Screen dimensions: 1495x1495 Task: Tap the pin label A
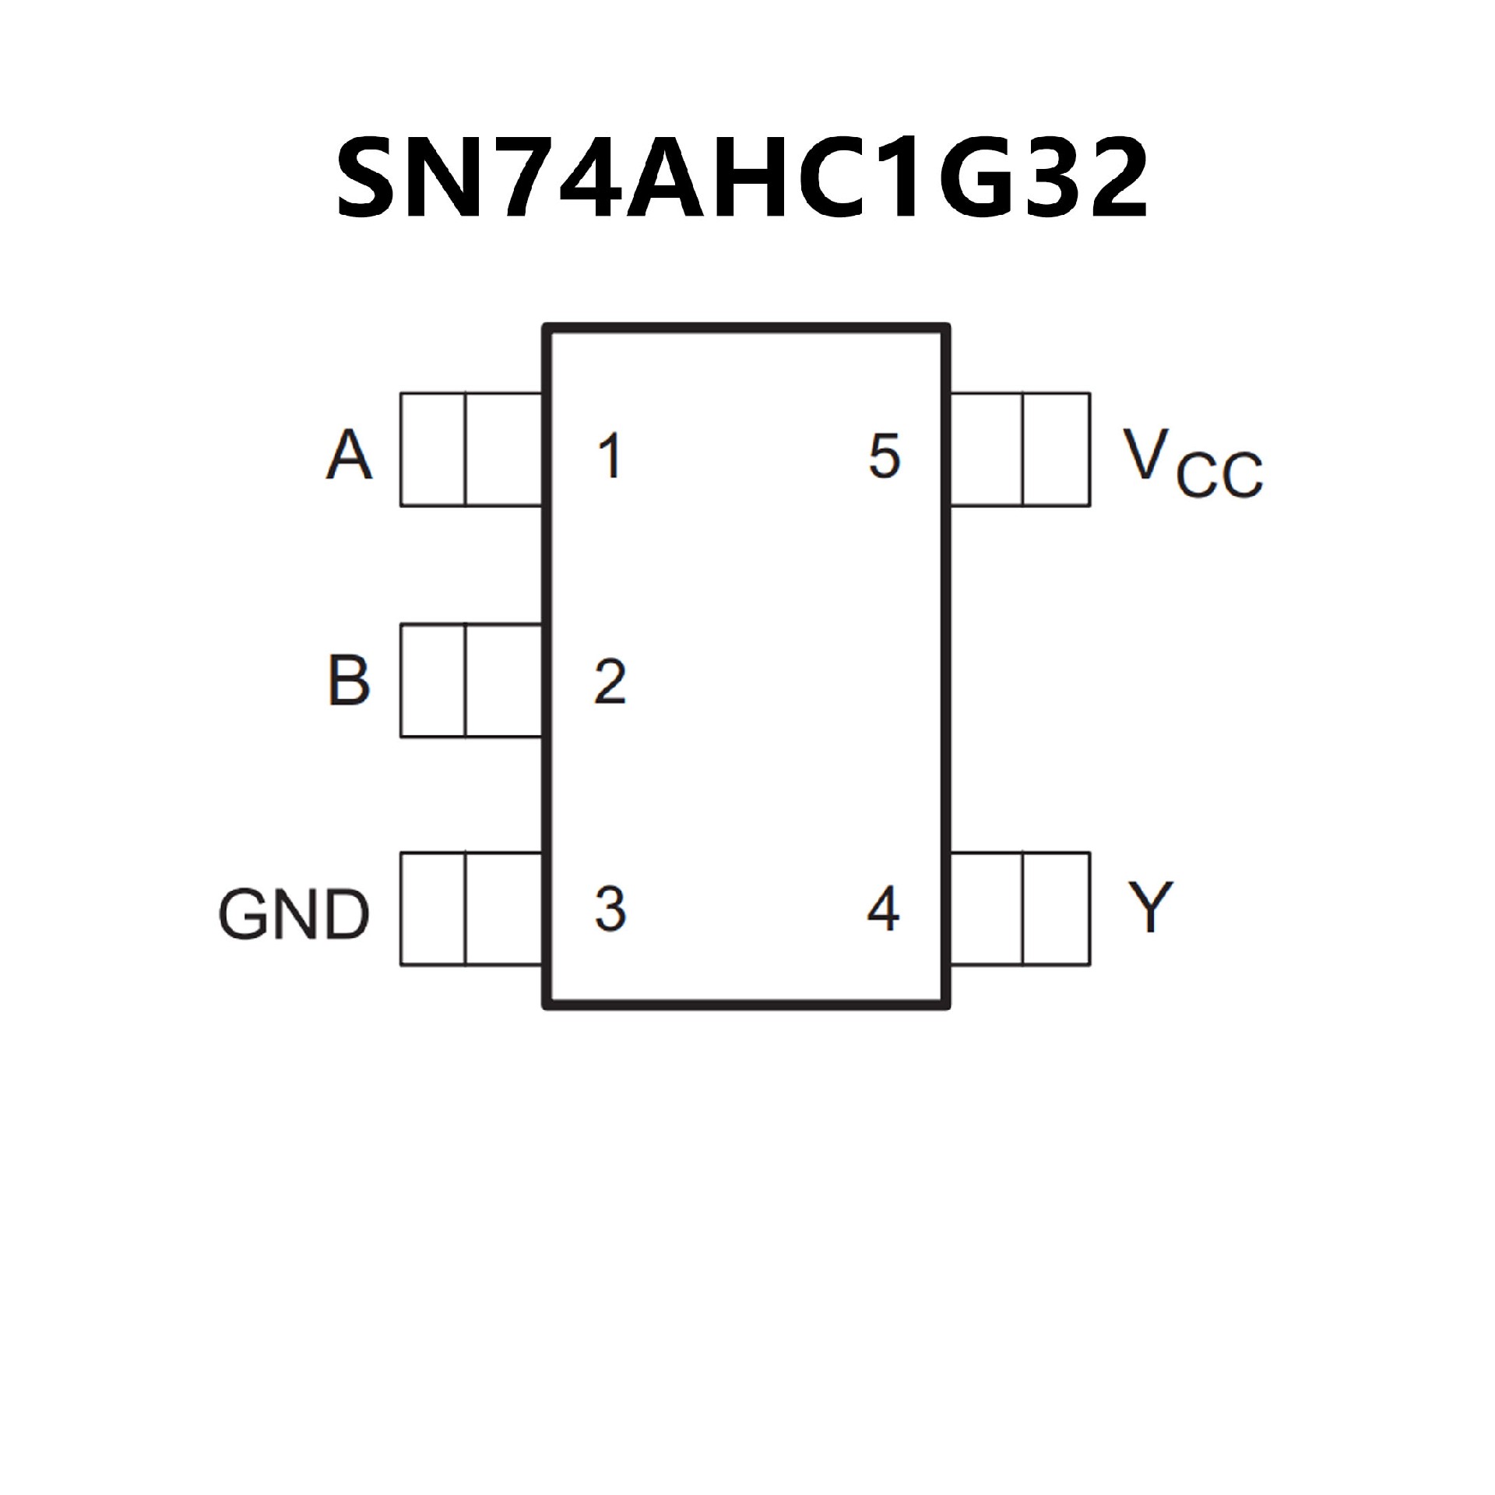click(x=349, y=455)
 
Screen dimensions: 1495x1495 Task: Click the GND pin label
click(x=294, y=914)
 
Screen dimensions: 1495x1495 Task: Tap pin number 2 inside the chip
click(x=610, y=682)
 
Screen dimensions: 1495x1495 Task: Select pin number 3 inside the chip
click(x=610, y=908)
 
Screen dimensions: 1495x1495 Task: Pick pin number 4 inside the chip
click(x=883, y=908)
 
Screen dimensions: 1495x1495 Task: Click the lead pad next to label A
click(x=471, y=449)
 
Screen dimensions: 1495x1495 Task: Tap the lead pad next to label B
click(x=471, y=680)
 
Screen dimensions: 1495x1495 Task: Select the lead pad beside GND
click(x=471, y=909)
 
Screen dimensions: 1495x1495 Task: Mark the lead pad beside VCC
click(x=1020, y=449)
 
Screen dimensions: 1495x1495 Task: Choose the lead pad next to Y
click(x=1020, y=909)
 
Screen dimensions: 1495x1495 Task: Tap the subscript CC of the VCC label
click(x=1219, y=474)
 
